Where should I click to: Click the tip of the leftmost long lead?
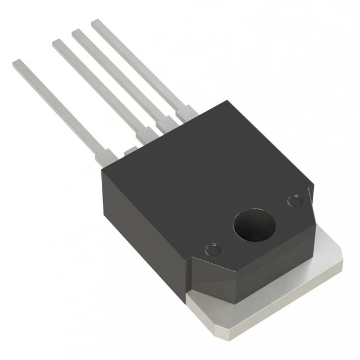click(x=17, y=64)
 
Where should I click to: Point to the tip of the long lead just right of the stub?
click(x=57, y=43)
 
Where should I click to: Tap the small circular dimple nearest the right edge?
click(x=294, y=201)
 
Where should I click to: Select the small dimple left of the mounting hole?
click(x=213, y=247)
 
